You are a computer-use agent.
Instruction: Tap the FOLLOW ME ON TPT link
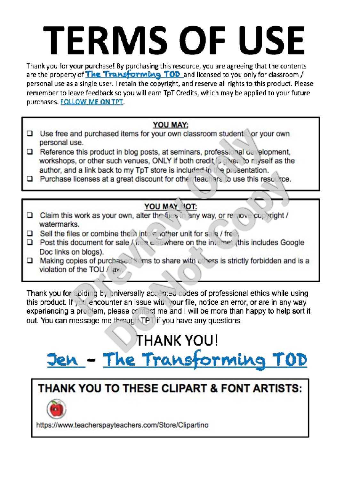tap(92, 102)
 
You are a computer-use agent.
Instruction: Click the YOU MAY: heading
tap(171, 125)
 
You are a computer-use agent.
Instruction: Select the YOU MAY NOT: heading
tap(171, 207)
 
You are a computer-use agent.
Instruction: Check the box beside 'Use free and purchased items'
tap(30, 133)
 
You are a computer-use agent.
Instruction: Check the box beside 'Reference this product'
tap(30, 152)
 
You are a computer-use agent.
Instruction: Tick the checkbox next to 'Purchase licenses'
tap(30, 179)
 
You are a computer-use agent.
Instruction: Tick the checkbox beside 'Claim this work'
tap(30, 215)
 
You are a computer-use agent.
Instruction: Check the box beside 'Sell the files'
tap(30, 234)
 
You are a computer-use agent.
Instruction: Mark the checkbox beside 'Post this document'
tap(30, 243)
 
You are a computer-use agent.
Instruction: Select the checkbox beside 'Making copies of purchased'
tap(30, 261)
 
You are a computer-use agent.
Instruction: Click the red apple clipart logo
tap(56, 409)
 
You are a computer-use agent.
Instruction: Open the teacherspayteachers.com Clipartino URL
tap(122, 425)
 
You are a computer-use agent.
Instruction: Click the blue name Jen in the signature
tap(63, 360)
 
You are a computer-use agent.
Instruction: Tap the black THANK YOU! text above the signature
tap(178, 340)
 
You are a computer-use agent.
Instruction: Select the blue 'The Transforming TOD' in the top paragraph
tap(133, 75)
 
